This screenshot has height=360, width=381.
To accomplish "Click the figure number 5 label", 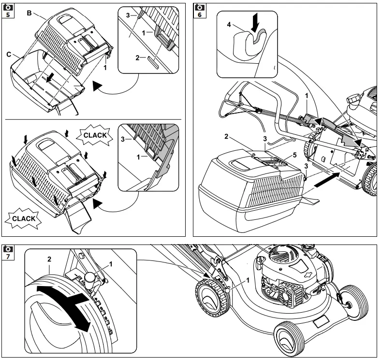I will (x=8, y=14).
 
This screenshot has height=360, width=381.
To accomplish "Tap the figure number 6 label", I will (x=199, y=14).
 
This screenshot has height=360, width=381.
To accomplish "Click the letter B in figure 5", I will (x=29, y=13).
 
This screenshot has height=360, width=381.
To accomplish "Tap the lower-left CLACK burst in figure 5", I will (x=23, y=218).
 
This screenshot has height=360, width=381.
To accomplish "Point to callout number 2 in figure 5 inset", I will (x=137, y=58).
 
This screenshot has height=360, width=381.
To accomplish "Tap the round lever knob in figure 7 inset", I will (x=89, y=276).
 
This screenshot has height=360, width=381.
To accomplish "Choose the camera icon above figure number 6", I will (x=199, y=6).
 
